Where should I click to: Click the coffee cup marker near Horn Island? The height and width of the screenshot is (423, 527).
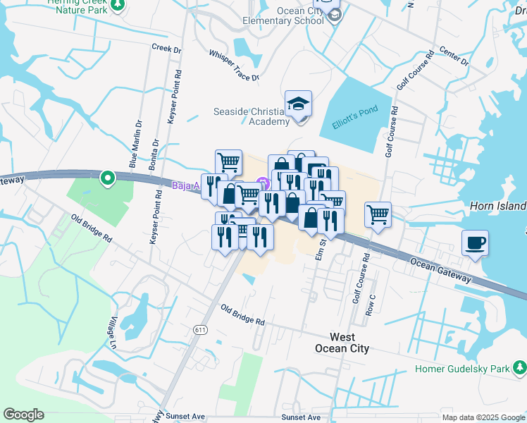(x=476, y=244)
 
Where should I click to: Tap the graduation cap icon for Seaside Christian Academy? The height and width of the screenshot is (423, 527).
(x=299, y=104)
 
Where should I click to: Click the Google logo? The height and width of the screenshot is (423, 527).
(x=23, y=415)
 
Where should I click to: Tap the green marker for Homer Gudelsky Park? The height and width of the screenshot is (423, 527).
(x=519, y=368)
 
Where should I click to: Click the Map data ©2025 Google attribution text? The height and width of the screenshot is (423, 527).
(x=483, y=417)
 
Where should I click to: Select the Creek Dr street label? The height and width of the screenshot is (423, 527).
(x=166, y=49)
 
